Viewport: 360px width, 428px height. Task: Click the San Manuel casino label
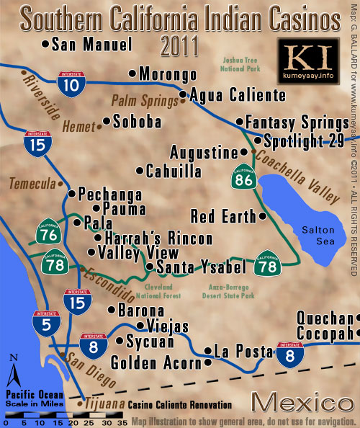(x=92, y=45)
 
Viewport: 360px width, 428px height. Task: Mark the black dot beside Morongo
(x=132, y=73)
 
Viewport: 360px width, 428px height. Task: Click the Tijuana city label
(x=104, y=405)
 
